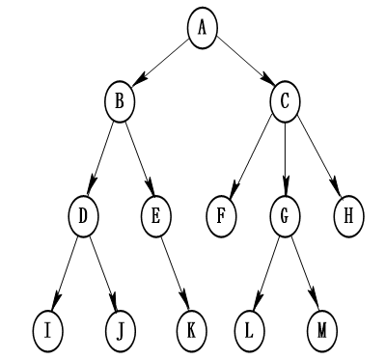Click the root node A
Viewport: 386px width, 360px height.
click(202, 27)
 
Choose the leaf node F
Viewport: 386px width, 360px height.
click(222, 214)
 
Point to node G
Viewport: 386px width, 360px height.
click(286, 214)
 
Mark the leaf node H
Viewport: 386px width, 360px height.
click(348, 214)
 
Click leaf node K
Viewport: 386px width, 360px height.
click(191, 329)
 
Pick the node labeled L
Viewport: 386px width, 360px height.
click(249, 329)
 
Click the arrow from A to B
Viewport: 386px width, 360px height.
click(161, 64)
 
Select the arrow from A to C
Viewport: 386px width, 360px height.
click(243, 64)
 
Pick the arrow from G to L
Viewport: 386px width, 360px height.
click(267, 272)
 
